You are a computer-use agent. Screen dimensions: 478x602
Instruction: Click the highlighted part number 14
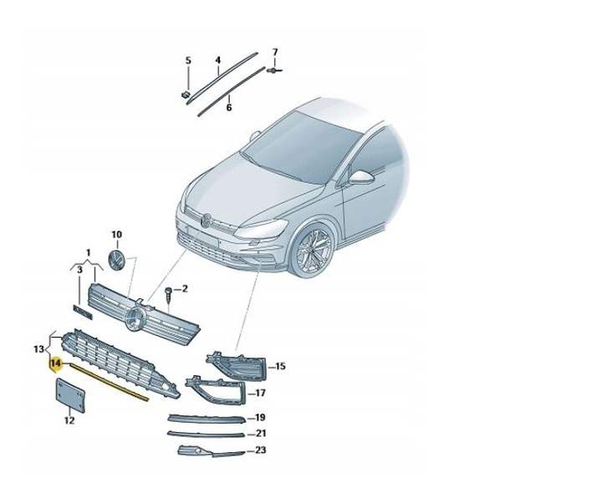pyautogui.click(x=56, y=364)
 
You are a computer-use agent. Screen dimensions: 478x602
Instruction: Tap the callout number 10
pyautogui.click(x=116, y=235)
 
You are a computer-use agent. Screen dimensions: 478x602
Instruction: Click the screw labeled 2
pyautogui.click(x=169, y=293)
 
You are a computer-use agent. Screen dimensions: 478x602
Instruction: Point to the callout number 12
pyautogui.click(x=69, y=420)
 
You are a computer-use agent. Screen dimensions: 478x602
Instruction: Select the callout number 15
pyautogui.click(x=281, y=366)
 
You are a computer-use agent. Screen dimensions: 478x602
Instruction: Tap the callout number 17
pyautogui.click(x=260, y=393)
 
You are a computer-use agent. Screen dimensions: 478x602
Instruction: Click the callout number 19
pyautogui.click(x=260, y=417)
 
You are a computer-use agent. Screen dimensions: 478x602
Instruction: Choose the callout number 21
pyautogui.click(x=260, y=433)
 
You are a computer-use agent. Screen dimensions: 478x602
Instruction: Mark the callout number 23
pyautogui.click(x=260, y=451)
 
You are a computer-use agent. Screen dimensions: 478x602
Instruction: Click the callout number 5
pyautogui.click(x=188, y=60)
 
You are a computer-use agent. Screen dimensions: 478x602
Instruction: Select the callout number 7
pyautogui.click(x=274, y=53)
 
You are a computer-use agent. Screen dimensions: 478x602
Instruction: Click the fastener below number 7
pyautogui.click(x=273, y=73)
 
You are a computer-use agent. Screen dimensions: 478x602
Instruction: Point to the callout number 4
pyautogui.click(x=217, y=60)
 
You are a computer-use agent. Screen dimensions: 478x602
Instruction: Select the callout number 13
pyautogui.click(x=39, y=348)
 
